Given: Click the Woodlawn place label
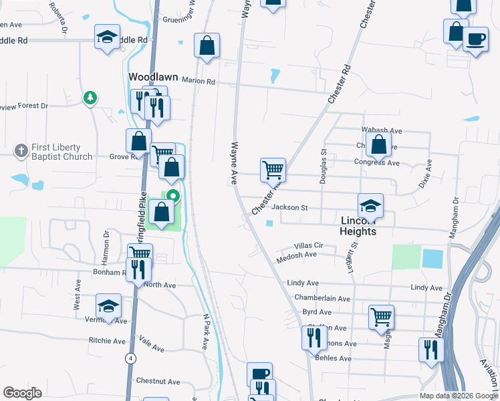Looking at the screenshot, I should pyautogui.click(x=153, y=77).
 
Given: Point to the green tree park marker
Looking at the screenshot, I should pyautogui.click(x=90, y=98).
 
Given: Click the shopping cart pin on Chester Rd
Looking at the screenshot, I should pyautogui.click(x=273, y=170).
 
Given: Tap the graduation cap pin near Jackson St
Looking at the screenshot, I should pyautogui.click(x=370, y=205).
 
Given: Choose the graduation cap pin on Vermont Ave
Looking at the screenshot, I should pyautogui.click(x=108, y=305).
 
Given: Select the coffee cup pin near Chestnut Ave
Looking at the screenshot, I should pyautogui.click(x=259, y=374).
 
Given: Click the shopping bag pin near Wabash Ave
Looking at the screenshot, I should pyautogui.click(x=378, y=144).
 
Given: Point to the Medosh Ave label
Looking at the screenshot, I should pyautogui.click(x=296, y=255).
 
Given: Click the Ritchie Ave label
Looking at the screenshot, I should pyautogui.click(x=107, y=340).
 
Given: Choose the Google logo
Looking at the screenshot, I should pyautogui.click(x=23, y=392).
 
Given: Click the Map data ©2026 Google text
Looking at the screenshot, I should pyautogui.click(x=458, y=396).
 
